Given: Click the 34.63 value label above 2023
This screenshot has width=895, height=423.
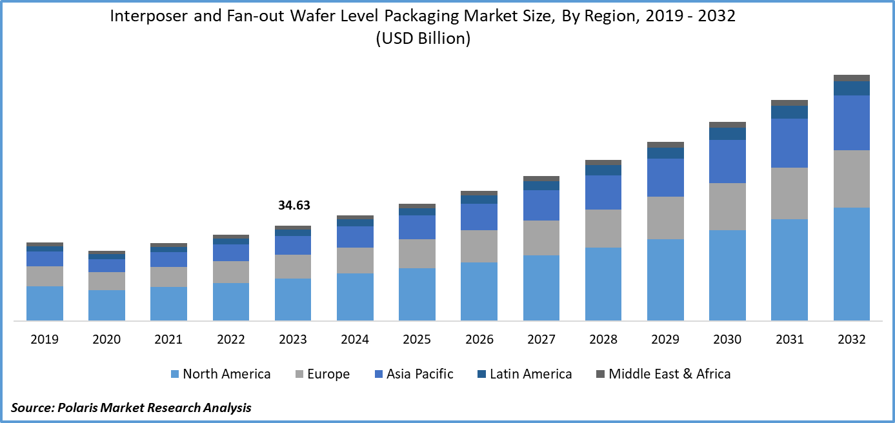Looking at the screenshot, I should [x=294, y=206].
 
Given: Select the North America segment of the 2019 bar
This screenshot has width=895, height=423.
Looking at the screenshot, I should [x=45, y=303].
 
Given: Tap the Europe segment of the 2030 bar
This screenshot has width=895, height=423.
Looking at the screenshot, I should [x=727, y=206].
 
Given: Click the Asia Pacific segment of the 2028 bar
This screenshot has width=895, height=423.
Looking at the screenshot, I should [x=603, y=192].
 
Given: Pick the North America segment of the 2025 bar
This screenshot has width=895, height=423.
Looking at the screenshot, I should [x=417, y=294].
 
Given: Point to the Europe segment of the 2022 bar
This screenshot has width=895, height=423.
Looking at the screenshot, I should [x=231, y=272].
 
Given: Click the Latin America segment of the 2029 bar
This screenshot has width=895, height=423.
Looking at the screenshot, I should [x=665, y=153].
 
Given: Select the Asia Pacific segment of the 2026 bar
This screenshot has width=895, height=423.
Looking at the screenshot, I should [x=479, y=217].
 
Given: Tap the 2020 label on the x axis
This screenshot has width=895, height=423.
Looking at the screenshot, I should [x=106, y=340].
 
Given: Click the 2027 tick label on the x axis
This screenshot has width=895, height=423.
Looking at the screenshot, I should [x=541, y=340].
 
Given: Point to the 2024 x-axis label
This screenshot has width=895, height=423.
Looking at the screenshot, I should [x=355, y=340].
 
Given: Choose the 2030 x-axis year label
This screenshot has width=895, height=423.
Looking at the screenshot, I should [x=727, y=340].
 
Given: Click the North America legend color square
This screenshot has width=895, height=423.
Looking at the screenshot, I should [x=174, y=374].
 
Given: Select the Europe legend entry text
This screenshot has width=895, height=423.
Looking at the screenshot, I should [x=329, y=374].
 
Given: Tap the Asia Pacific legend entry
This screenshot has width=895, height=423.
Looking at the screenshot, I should [x=420, y=374].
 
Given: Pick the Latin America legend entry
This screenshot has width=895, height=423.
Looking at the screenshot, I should [x=530, y=374].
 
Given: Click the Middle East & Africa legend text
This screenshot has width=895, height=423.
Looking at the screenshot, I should [x=670, y=374].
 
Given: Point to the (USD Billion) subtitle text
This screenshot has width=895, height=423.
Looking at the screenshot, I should [x=423, y=39].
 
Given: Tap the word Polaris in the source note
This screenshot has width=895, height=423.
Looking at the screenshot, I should [x=80, y=408].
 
